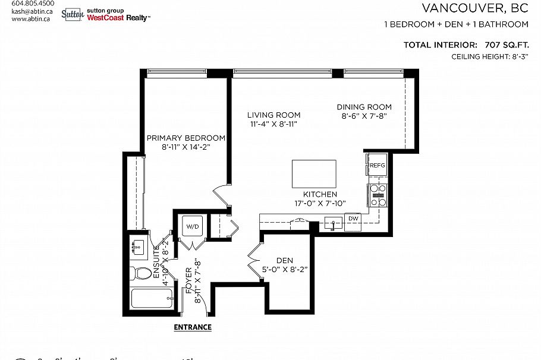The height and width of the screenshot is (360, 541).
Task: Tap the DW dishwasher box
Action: (x=353, y=219)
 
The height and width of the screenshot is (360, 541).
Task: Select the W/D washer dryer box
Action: (x=192, y=226)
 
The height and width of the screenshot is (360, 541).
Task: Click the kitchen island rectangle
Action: (x=314, y=173)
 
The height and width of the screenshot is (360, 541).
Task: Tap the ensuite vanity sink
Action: (x=139, y=247)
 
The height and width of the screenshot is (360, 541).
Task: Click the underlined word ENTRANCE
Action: (x=192, y=327)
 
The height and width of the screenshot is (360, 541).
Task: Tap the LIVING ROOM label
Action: (x=273, y=115)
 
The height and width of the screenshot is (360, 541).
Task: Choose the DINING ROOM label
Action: (x=364, y=107)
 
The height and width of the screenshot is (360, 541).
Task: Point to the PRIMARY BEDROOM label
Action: (x=186, y=137)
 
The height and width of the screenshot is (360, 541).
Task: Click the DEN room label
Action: (x=285, y=260)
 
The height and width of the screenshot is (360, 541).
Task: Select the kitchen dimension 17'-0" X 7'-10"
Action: (x=320, y=203)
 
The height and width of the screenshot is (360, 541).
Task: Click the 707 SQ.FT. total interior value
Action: (x=502, y=45)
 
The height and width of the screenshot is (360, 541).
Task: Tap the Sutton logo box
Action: (x=72, y=14)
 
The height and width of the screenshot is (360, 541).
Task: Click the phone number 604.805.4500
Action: (x=29, y=3)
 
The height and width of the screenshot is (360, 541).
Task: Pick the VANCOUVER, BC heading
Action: (x=475, y=8)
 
